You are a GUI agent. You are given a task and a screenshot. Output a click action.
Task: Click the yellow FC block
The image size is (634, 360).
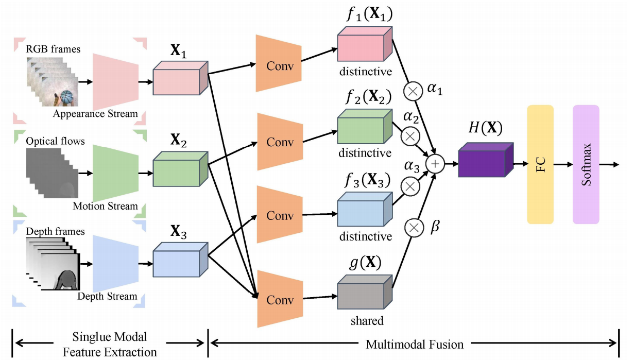pyautogui.click(x=540, y=164)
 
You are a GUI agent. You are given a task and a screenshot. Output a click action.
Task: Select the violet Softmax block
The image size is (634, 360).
pyautogui.click(x=586, y=164)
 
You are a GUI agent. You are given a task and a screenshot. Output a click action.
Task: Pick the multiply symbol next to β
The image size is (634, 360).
pyautogui.click(x=413, y=227)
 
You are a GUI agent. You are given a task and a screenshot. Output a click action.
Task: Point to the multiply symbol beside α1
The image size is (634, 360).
pyautogui.click(x=413, y=92)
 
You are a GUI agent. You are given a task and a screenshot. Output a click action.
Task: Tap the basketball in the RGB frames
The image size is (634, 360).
pyautogui.click(x=67, y=98)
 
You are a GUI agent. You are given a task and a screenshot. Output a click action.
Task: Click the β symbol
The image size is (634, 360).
pyautogui.click(x=434, y=227)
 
